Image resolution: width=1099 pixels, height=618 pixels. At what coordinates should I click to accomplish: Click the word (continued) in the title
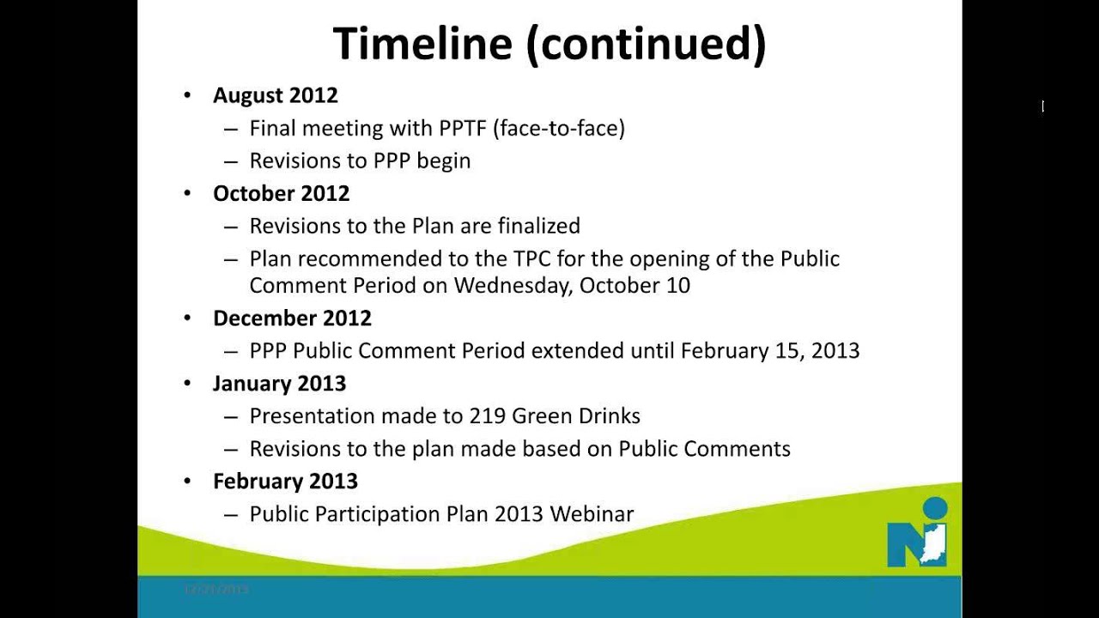(x=646, y=45)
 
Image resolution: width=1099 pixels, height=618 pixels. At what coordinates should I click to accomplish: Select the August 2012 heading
(x=275, y=95)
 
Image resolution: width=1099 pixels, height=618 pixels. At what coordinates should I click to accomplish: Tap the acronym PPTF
(x=463, y=129)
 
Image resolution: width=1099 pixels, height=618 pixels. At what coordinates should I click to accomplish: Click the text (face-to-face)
(x=559, y=129)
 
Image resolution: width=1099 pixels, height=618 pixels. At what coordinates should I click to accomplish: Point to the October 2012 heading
(x=281, y=193)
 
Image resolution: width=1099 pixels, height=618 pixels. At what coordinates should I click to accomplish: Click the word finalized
(x=537, y=226)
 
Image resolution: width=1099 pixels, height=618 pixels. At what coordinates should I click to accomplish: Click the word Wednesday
(x=513, y=285)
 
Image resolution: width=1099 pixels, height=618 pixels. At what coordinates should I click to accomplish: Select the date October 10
(x=635, y=285)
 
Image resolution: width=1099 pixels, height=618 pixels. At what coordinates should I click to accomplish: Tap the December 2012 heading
(x=292, y=318)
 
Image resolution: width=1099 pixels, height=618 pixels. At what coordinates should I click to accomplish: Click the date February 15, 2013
(x=769, y=351)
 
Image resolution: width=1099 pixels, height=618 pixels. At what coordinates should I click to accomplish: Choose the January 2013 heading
(x=279, y=384)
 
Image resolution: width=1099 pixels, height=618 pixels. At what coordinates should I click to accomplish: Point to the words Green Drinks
(x=575, y=416)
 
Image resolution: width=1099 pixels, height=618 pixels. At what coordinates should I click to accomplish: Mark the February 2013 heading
(x=285, y=482)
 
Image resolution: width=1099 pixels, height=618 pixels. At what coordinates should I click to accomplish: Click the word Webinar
(x=592, y=514)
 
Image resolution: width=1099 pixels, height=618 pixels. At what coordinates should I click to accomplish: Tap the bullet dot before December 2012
(x=187, y=318)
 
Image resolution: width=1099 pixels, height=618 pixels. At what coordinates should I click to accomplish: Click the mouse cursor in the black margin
(x=1042, y=106)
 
